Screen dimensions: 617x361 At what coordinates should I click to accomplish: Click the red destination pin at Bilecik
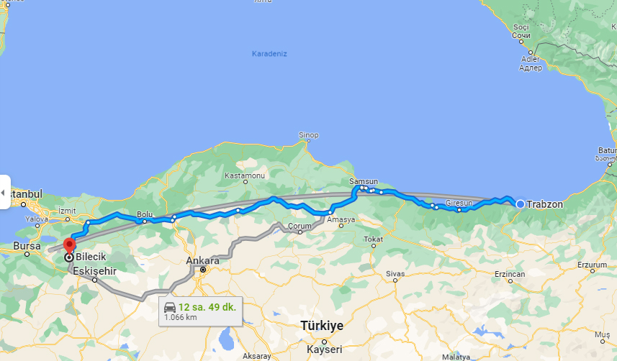[x=68, y=244]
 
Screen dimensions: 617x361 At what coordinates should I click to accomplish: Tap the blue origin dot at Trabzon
[x=520, y=204]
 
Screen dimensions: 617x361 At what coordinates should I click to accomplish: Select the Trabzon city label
[x=545, y=204]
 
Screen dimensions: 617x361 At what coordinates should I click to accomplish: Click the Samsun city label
[x=363, y=182]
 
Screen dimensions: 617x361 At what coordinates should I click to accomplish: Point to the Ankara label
[x=202, y=260]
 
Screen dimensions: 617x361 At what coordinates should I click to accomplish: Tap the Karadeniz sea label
[x=269, y=54]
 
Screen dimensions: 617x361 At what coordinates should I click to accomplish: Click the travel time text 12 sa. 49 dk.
[x=207, y=307]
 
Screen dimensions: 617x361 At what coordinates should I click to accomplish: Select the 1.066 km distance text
[x=181, y=316]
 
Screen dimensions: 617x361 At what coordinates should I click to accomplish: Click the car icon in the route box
[x=170, y=308]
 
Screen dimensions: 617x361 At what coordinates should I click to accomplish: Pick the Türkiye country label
[x=322, y=326]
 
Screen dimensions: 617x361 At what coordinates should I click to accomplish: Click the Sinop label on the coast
[x=308, y=135]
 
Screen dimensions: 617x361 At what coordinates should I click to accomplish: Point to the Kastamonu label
[x=245, y=176]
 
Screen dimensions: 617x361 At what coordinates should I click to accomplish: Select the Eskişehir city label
[x=94, y=271]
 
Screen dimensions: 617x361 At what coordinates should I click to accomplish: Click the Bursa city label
[x=27, y=245]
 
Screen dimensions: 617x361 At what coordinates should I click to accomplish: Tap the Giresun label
[x=459, y=204]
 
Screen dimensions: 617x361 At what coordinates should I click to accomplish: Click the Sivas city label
[x=395, y=274]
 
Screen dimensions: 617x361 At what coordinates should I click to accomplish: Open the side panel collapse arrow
[x=4, y=193]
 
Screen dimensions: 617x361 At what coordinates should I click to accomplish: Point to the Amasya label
[x=341, y=220]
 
